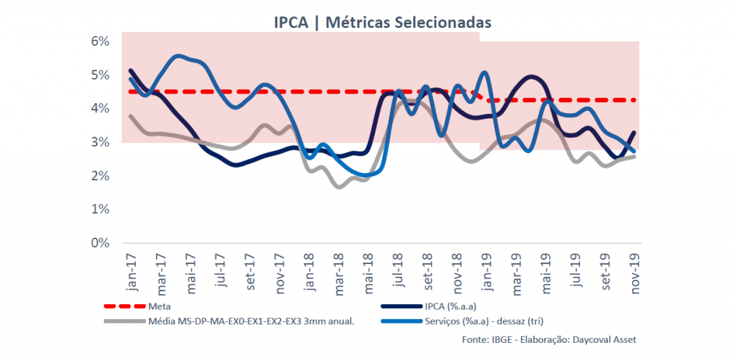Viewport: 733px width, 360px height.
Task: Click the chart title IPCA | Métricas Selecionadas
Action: (382, 21)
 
